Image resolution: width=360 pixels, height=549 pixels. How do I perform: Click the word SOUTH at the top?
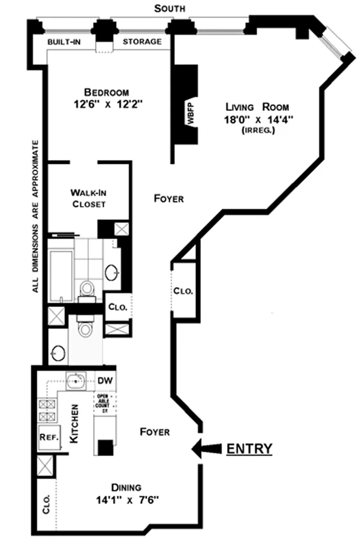click(170, 9)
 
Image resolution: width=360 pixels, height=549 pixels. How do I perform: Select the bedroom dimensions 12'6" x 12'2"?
click(107, 104)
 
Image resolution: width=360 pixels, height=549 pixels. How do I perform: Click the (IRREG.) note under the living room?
click(258, 130)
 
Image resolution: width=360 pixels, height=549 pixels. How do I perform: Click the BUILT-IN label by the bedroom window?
click(63, 41)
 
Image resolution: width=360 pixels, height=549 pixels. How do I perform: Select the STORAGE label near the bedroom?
click(142, 41)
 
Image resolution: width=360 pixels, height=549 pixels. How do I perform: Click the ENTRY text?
click(249, 448)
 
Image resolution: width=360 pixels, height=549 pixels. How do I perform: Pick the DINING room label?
click(126, 488)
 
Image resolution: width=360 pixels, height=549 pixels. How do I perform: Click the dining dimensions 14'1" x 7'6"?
click(126, 500)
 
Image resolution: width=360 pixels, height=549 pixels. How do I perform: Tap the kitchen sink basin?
click(76, 381)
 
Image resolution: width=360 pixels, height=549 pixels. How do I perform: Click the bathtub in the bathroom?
click(60, 275)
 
